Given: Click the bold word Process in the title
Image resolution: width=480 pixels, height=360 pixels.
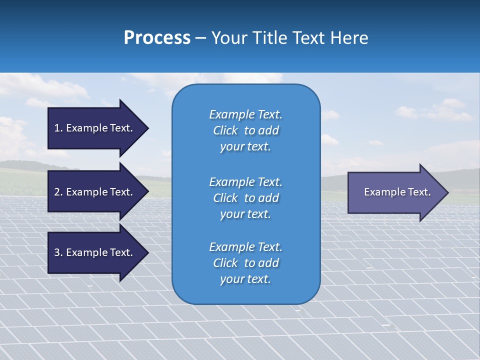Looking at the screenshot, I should click(157, 37).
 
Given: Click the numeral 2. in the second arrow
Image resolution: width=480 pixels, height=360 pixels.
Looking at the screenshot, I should click(58, 192).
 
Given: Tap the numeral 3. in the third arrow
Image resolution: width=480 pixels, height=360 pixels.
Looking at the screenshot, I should click(58, 252).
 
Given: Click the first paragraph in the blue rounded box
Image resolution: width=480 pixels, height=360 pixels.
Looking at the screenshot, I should click(245, 130).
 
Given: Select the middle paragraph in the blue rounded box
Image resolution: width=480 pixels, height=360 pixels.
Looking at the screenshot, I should click(245, 198).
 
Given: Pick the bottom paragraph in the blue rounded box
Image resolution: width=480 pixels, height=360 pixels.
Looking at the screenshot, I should click(245, 263).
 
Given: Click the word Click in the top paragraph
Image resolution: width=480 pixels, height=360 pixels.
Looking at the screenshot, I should click(225, 130).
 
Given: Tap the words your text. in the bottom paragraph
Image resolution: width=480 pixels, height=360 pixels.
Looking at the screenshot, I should click(245, 279).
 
